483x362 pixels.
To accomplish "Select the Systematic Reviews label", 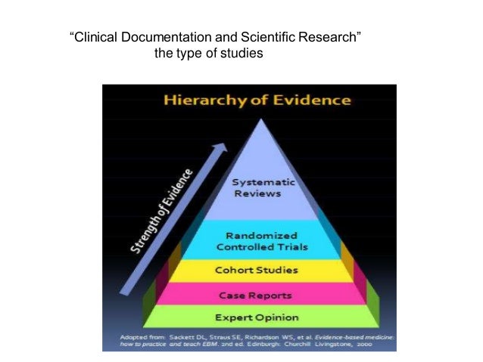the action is click(257, 187).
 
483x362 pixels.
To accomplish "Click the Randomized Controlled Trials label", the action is click(257, 241).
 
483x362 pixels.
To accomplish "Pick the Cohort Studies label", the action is click(257, 270).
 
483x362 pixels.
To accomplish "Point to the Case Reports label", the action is click(257, 295).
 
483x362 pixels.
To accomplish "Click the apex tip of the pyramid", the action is click(259, 119).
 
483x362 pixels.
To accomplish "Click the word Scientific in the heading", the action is click(257, 37).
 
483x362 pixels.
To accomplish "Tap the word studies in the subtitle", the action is click(242, 54).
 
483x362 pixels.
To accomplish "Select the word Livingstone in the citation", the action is click(344, 344).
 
